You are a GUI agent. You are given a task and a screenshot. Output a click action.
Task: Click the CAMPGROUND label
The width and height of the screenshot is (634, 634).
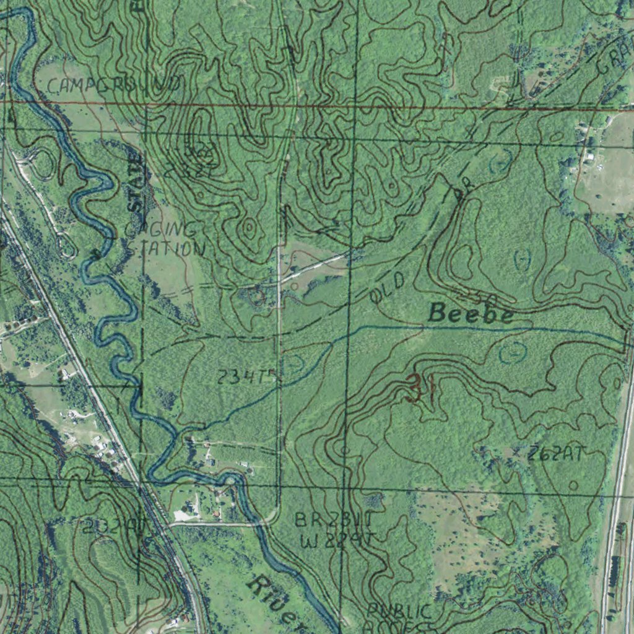pos(114,85)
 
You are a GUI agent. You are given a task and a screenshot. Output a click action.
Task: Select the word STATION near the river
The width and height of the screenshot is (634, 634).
pos(165,250)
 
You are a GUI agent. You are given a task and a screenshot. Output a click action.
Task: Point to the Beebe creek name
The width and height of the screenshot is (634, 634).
pos(471,314)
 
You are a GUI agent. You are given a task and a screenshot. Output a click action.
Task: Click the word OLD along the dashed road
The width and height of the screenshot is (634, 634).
pos(388,288)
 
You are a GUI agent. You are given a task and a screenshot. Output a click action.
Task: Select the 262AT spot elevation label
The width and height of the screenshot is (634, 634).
pos(555,454)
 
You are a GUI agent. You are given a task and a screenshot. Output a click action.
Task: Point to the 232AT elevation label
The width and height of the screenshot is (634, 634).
pos(115,526)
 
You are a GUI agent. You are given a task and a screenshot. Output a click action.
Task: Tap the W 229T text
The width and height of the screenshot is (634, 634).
pos(337,541)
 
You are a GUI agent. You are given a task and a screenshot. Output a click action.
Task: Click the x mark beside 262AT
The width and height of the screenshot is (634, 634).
pos(519,453)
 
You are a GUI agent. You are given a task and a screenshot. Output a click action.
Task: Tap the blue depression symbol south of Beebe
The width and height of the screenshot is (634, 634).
pos(513,353)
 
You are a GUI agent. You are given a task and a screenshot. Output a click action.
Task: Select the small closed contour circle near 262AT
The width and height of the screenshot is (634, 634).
pos(573,485)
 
